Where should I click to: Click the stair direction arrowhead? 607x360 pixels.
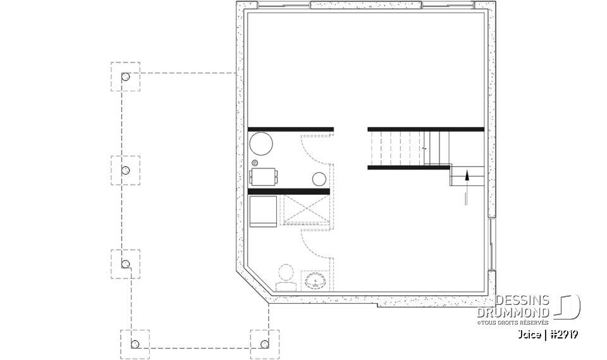(x=467, y=175)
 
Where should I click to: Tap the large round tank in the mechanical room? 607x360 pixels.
(x=261, y=144)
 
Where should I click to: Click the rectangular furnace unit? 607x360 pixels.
(x=264, y=176)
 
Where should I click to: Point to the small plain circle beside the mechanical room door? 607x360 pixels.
(x=320, y=178)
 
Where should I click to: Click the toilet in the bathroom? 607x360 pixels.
(x=285, y=277)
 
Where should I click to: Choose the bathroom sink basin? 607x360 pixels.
(x=313, y=280)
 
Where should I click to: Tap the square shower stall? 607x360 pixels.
(x=262, y=210)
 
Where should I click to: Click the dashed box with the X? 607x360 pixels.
(x=305, y=210)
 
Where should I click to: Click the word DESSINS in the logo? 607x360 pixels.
(x=524, y=300)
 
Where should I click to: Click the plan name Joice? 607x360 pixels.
(x=529, y=335)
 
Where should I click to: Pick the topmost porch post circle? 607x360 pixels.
(x=125, y=77)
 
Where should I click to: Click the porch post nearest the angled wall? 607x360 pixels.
(x=264, y=344)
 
